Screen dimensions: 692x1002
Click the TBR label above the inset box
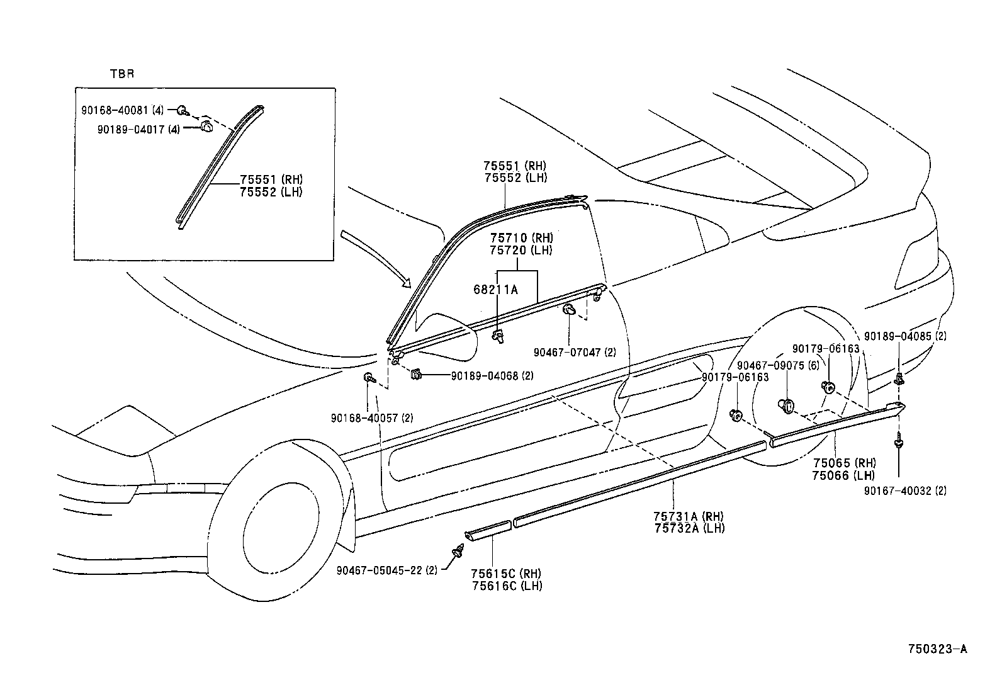(x=122, y=74)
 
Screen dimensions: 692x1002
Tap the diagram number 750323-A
(x=937, y=649)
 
